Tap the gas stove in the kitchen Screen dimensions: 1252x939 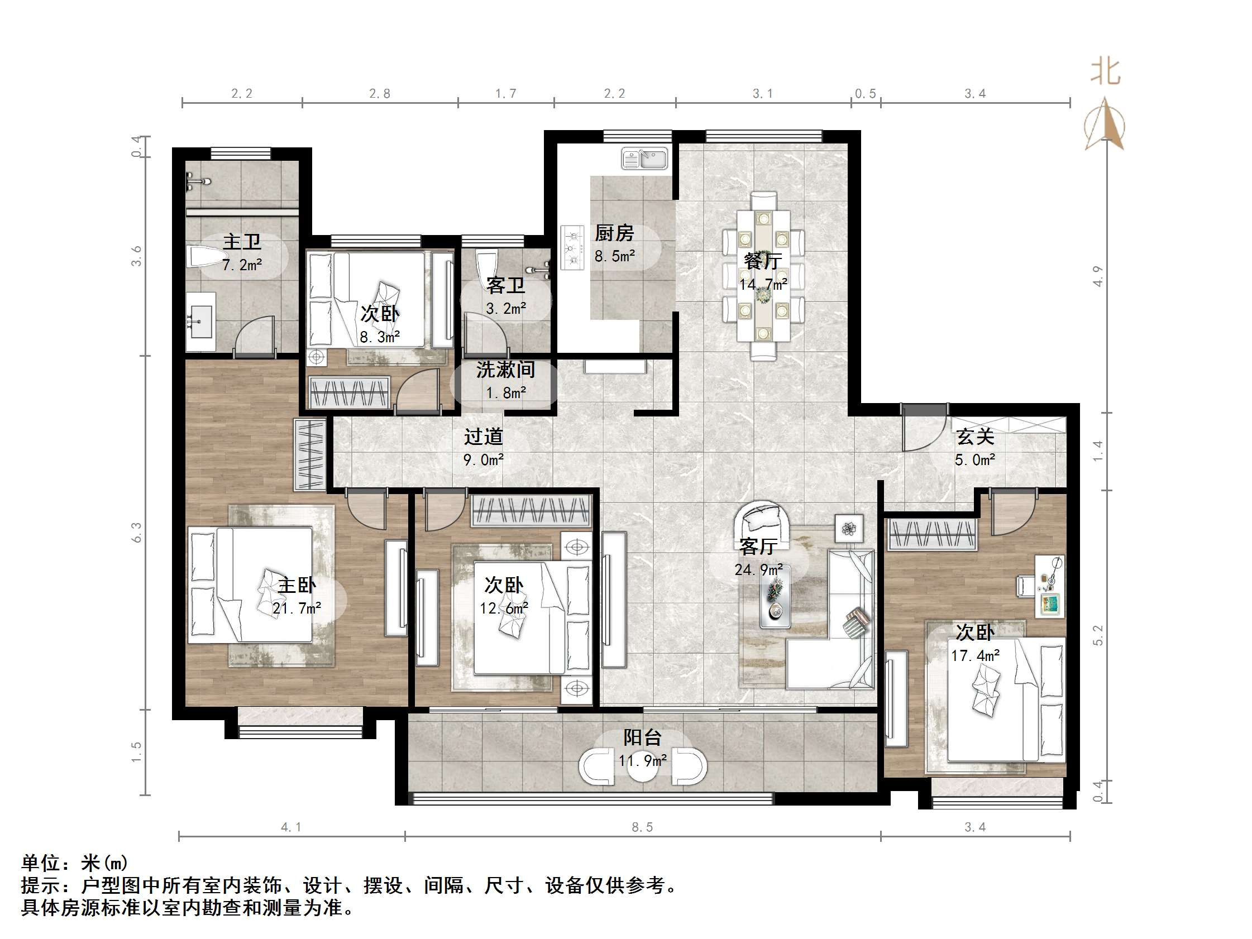(572, 247)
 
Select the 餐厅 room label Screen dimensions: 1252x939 (763, 260)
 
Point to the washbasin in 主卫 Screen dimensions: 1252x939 (201, 322)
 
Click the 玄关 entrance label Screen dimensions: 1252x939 (975, 437)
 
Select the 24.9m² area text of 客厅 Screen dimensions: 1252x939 (758, 569)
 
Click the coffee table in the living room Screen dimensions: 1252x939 (775, 597)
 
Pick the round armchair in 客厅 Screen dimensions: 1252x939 (762, 525)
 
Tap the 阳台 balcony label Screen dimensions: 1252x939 (642, 737)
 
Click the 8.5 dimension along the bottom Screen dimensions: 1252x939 (642, 827)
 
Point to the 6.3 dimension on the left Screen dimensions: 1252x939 (136, 532)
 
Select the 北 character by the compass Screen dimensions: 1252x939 (1105, 73)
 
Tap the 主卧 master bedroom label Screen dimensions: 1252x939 (297, 585)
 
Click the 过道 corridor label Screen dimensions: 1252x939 (484, 437)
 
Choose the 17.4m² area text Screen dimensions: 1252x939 (975, 655)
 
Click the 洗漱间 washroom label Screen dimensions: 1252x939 (505, 370)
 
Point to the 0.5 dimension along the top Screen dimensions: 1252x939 (866, 93)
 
